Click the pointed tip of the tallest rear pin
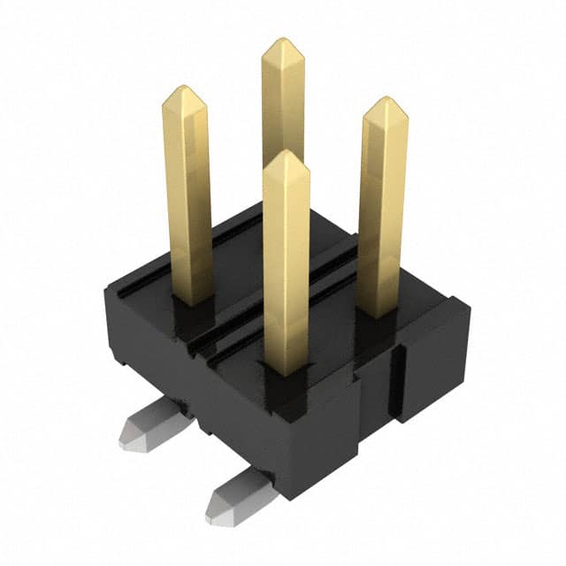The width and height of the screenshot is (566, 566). point(282,42)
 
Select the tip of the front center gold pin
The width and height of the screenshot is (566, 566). point(286,154)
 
